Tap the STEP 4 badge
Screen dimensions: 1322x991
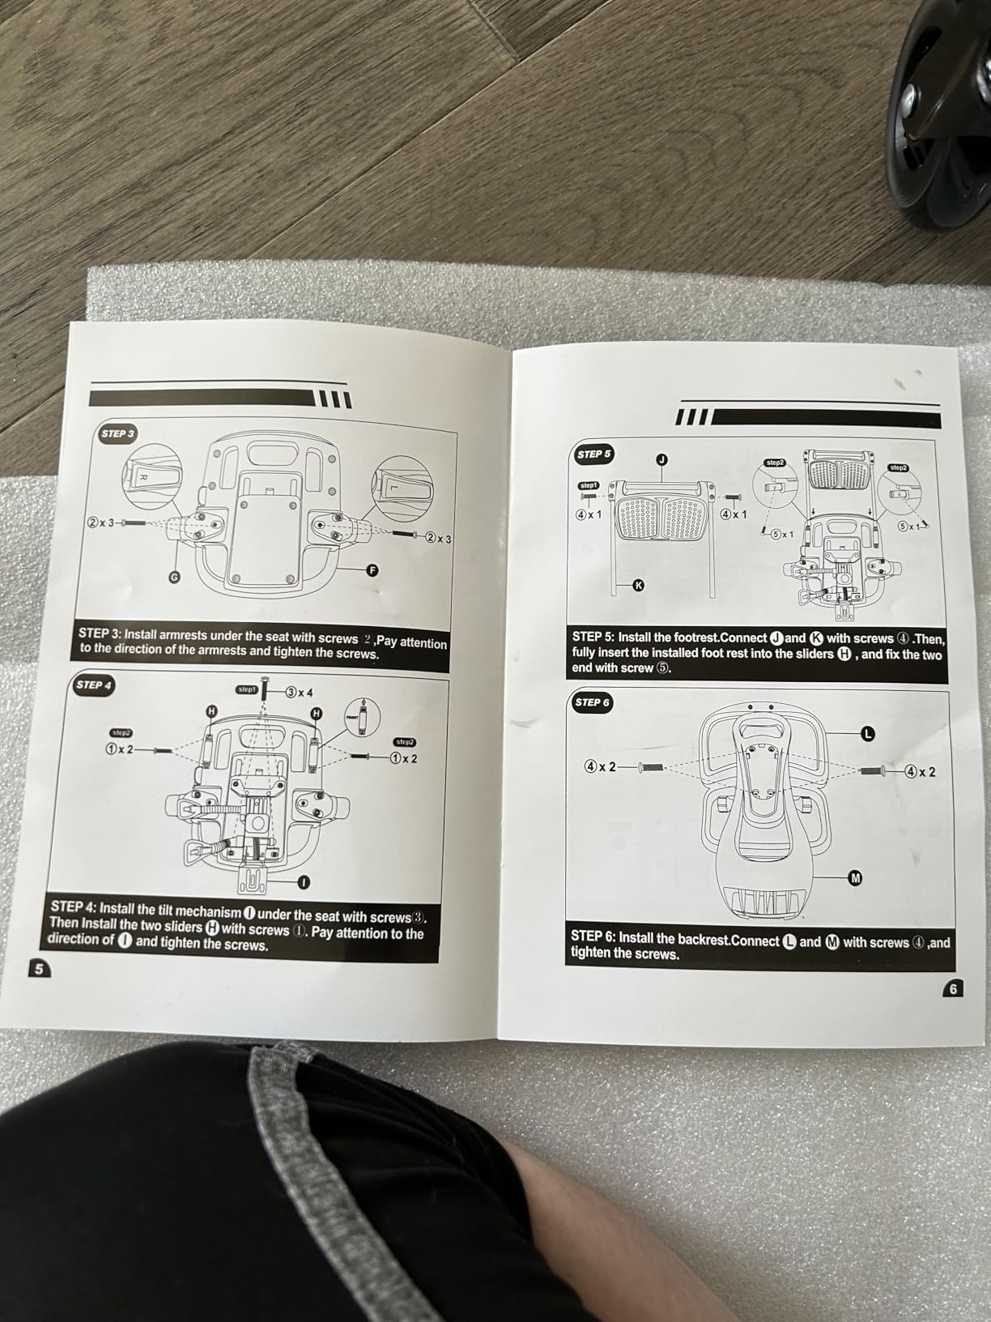point(93,685)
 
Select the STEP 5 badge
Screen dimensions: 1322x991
point(593,454)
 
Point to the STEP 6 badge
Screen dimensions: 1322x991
point(591,702)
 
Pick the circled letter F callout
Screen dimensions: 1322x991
point(372,570)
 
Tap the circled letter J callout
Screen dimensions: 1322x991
point(661,460)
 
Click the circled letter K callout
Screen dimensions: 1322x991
point(638,585)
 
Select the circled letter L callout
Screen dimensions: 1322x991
point(867,734)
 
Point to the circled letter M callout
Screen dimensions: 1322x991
point(855,878)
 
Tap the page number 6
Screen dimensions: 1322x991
point(954,988)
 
